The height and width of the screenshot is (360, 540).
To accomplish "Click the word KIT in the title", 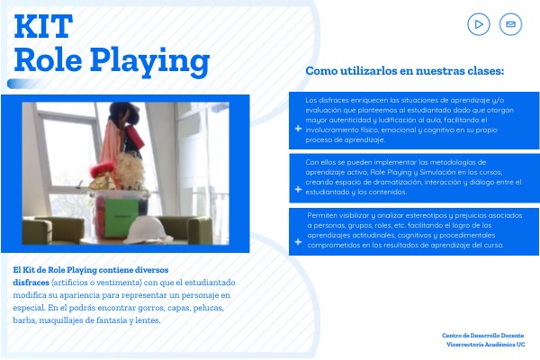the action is click(43, 26).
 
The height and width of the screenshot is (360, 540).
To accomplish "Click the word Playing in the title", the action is click(149, 61).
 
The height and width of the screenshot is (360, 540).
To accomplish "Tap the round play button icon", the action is click(479, 24).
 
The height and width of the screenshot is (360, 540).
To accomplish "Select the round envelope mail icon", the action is click(510, 24).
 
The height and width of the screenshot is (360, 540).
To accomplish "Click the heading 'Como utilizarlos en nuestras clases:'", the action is click(405, 71).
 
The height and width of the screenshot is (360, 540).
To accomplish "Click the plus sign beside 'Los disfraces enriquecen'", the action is click(298, 129).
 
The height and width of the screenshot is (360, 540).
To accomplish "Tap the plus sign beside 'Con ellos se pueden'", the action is click(298, 190).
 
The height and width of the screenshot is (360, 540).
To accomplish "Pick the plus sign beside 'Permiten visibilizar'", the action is click(298, 242).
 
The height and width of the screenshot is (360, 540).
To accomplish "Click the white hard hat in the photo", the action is click(147, 230).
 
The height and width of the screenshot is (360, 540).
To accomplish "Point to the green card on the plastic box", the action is click(121, 218).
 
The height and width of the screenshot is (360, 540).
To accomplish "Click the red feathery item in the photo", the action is click(103, 169).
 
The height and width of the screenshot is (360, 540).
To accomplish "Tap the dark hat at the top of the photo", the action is click(124, 112).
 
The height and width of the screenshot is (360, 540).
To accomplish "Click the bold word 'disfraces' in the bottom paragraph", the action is click(31, 283).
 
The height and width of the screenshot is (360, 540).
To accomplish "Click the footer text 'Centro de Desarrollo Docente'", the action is click(482, 335).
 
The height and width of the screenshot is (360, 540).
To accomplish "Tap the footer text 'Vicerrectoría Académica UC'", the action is click(486, 344).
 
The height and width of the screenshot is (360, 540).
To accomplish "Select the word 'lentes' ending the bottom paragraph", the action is click(148, 320).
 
